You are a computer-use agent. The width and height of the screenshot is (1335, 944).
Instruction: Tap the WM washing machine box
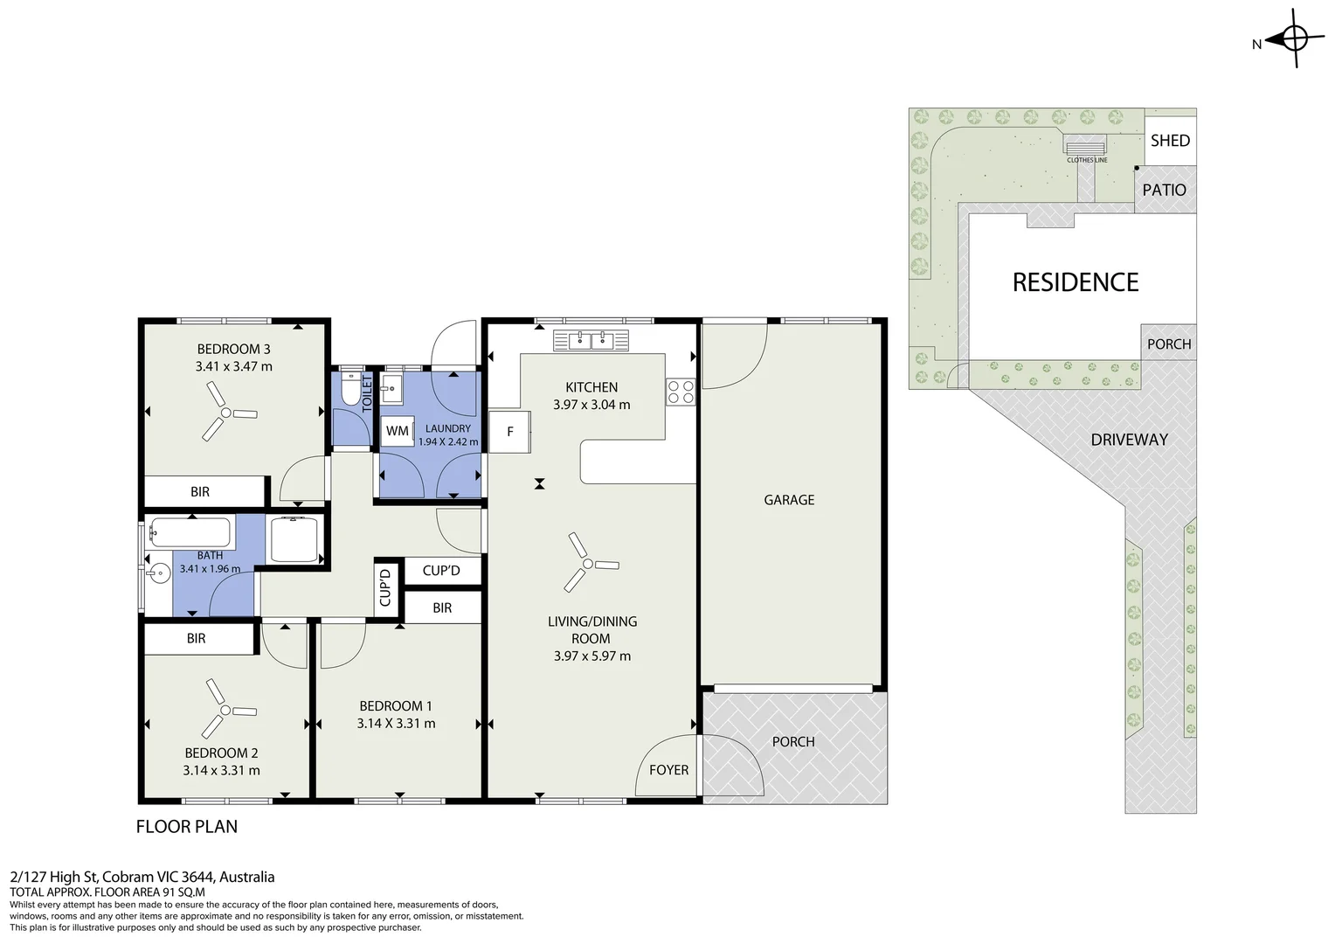tap(397, 431)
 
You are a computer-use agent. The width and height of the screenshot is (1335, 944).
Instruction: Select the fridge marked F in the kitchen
tap(509, 431)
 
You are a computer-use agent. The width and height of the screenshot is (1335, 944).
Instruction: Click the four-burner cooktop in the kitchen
tap(681, 392)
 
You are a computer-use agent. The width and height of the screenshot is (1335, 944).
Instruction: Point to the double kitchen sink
tap(591, 341)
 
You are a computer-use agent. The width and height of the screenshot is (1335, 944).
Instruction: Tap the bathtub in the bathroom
tap(190, 532)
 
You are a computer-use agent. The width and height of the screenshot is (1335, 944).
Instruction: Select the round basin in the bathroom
tap(159, 574)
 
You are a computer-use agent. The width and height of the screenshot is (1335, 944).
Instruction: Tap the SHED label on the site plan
tap(1170, 141)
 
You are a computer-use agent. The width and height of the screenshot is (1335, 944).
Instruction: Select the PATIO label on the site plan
tap(1164, 191)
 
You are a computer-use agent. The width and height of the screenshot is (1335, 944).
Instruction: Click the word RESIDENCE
tap(1076, 282)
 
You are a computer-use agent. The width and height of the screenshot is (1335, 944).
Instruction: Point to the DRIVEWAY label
tap(1129, 440)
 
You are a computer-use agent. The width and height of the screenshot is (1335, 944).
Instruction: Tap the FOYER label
tap(668, 770)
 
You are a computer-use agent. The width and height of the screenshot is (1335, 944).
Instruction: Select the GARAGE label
tap(789, 500)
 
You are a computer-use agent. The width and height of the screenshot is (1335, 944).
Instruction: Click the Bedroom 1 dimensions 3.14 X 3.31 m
tap(396, 724)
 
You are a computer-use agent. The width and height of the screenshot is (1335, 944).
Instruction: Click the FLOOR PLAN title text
tap(187, 827)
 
